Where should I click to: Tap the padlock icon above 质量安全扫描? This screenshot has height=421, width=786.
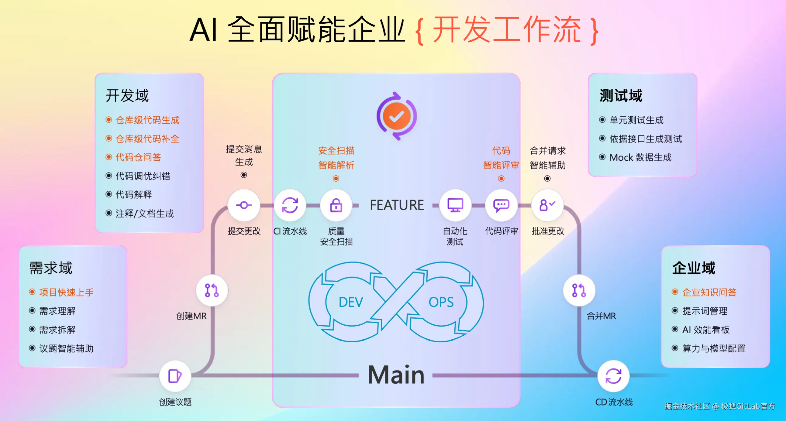click(336, 205)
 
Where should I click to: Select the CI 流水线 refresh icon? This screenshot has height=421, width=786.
click(290, 205)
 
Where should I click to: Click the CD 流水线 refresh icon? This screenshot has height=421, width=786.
click(613, 375)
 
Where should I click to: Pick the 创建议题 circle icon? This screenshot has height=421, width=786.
click(175, 375)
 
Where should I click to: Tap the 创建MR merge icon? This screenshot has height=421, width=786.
click(212, 290)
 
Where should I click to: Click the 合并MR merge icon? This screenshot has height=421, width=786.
click(579, 290)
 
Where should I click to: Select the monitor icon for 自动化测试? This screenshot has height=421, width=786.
click(455, 205)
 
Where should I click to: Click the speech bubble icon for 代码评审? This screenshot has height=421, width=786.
click(501, 205)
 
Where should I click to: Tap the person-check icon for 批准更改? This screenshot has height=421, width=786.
click(547, 205)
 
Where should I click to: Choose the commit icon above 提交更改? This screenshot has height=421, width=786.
click(244, 205)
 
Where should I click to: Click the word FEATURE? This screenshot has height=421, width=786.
click(397, 205)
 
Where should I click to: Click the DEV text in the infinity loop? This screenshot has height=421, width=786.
click(351, 302)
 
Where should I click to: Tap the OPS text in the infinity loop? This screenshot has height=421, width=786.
click(441, 302)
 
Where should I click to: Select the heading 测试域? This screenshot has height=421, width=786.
click(621, 95)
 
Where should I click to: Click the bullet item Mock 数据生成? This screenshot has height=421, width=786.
click(640, 157)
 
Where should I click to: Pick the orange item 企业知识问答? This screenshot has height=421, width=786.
click(709, 292)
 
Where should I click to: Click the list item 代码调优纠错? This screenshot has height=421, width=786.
click(143, 176)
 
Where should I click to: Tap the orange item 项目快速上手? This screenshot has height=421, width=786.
click(66, 292)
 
